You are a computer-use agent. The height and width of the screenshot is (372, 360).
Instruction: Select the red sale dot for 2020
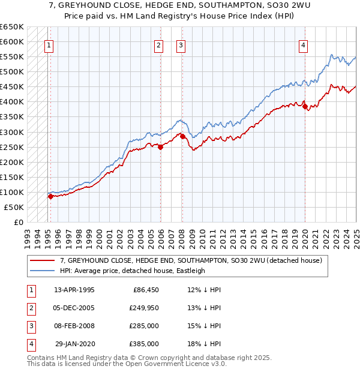305,107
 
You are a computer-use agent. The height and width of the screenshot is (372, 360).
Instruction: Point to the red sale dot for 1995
50,196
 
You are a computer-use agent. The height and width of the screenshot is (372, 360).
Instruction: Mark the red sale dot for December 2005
161,147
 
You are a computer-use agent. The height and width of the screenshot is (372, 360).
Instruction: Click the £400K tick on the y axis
12,102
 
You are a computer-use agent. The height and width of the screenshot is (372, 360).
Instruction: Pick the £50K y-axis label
14,207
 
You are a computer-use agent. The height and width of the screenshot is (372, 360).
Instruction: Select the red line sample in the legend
43,260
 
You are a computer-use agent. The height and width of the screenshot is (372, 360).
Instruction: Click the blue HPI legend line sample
43,271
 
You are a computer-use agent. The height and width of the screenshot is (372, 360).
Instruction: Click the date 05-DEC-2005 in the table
74,308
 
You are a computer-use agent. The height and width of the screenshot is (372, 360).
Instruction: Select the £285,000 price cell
144,326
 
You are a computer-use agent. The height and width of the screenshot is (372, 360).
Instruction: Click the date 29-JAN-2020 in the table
75,344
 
